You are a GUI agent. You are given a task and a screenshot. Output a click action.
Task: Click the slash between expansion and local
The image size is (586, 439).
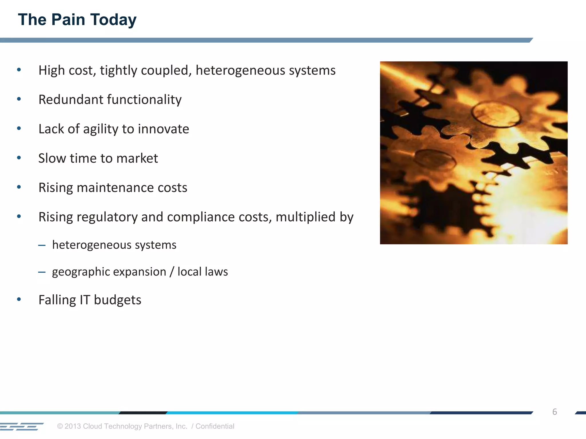[x=172, y=272]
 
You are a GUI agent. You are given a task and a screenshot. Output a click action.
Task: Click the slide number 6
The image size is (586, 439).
[x=555, y=412]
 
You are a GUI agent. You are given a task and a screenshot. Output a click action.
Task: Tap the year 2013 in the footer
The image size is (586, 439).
[x=73, y=426]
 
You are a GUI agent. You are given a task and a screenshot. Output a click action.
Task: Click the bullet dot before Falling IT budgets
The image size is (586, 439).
[x=19, y=299]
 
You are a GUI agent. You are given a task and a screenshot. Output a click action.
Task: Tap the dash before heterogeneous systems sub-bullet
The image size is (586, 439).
[x=42, y=245]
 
